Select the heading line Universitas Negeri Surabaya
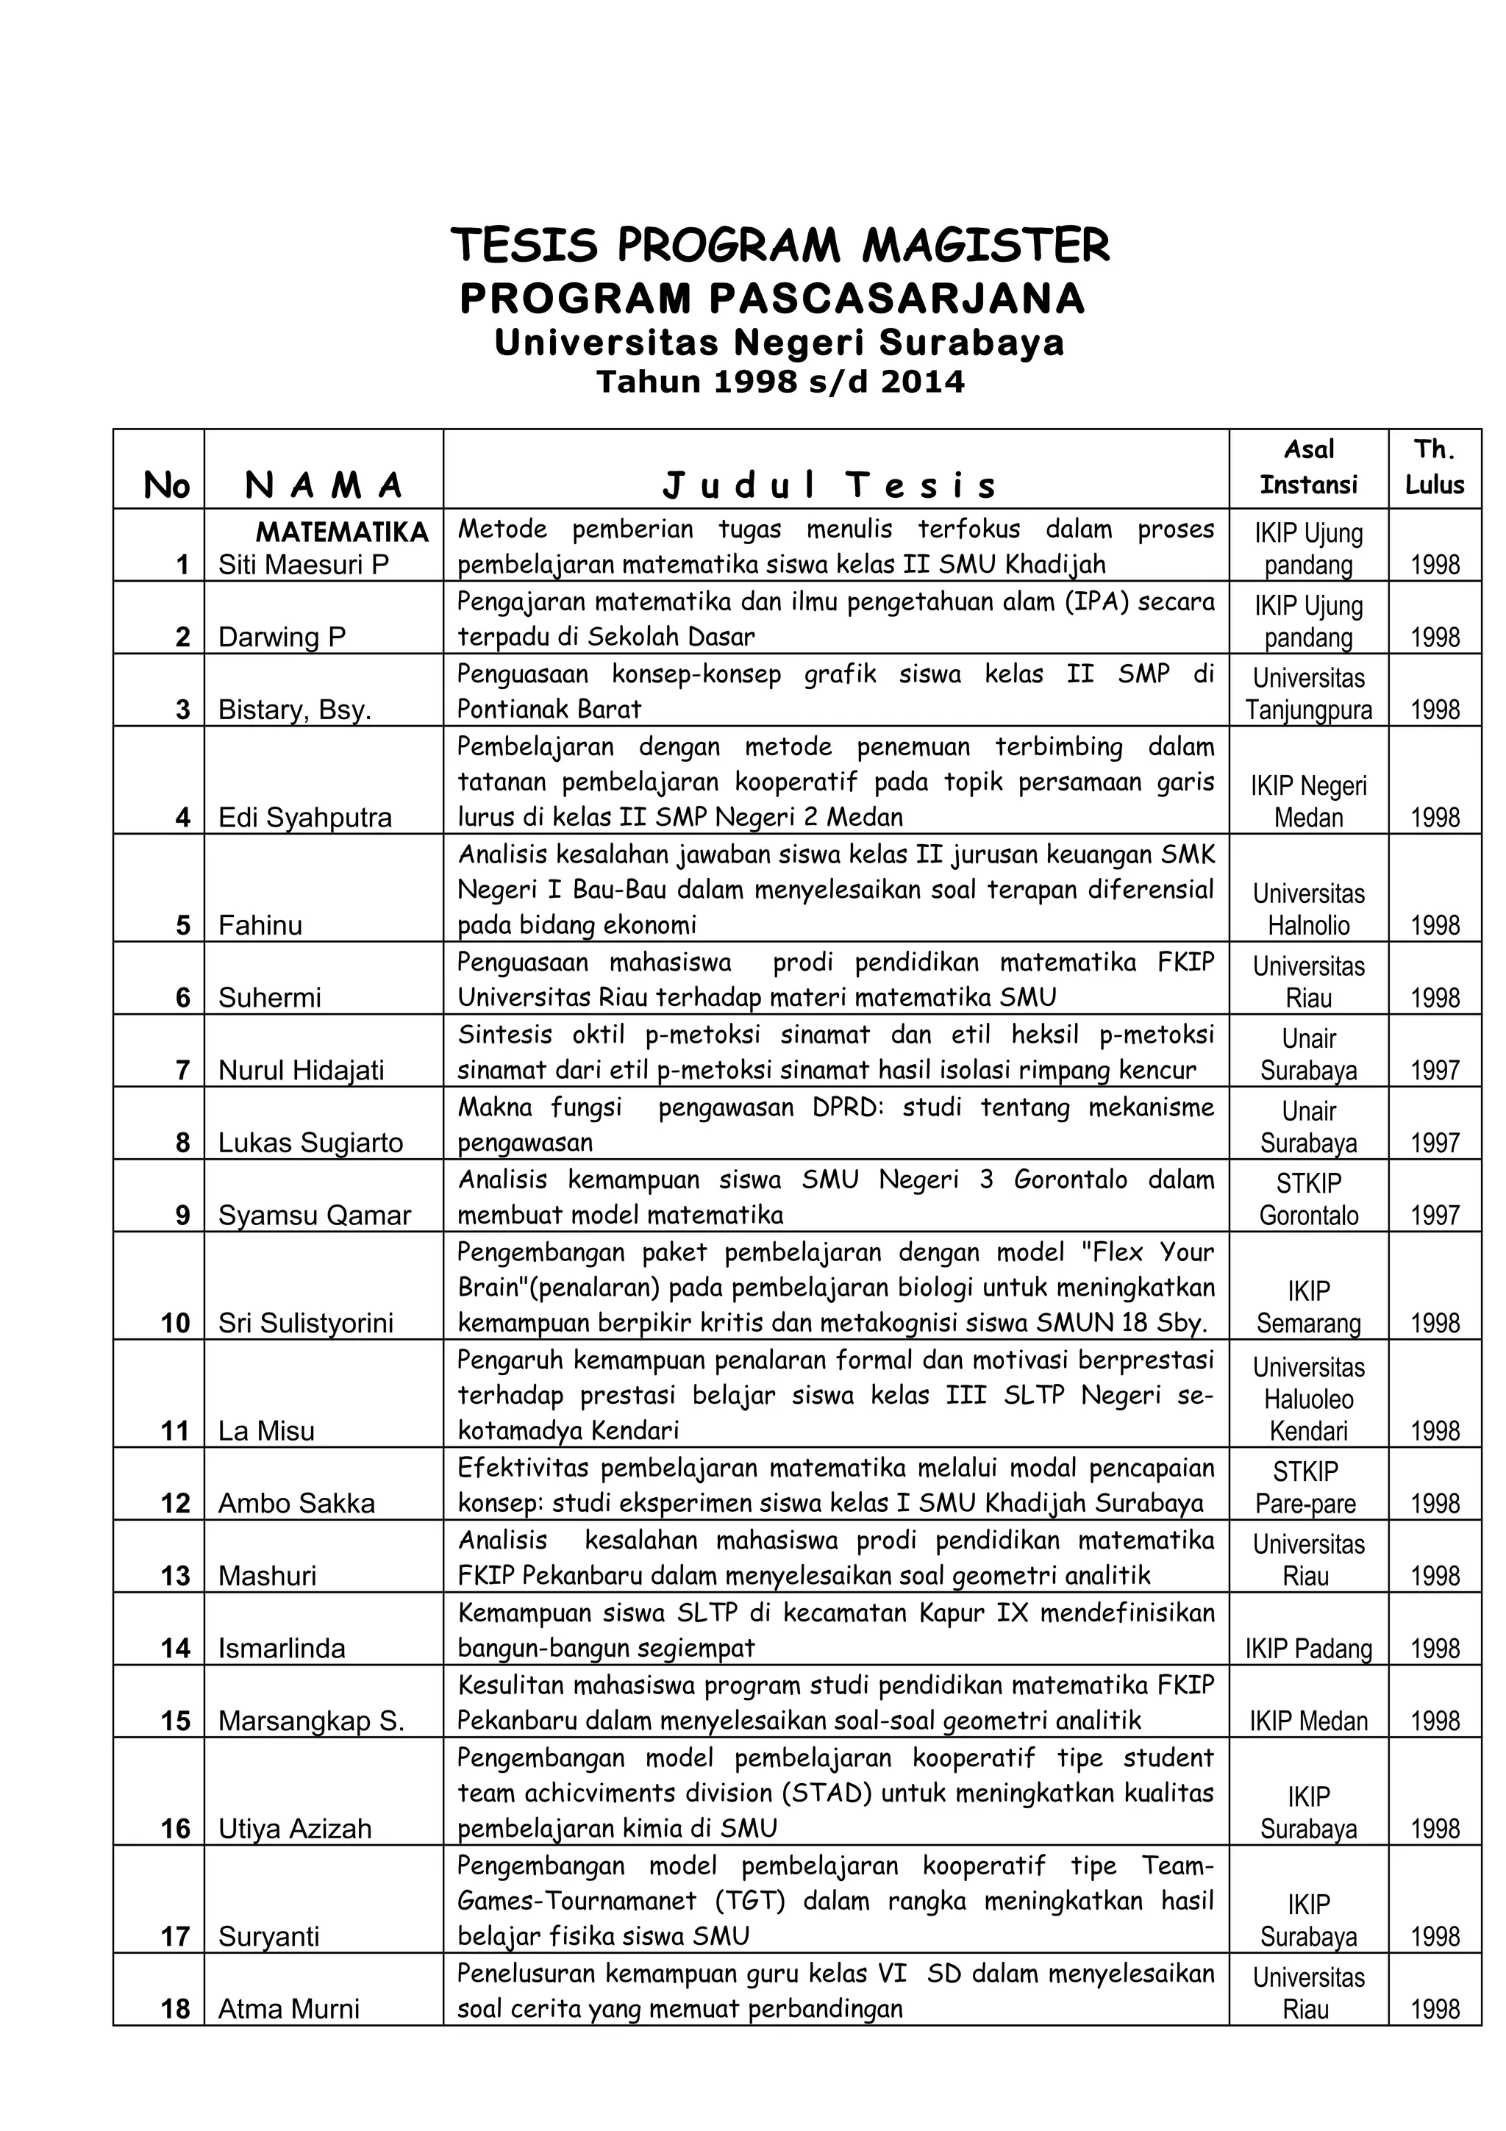tap(779, 343)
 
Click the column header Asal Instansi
tap(1308, 467)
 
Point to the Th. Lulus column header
tap(1434, 467)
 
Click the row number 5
tap(183, 924)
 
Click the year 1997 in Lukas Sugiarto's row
tap(1435, 1143)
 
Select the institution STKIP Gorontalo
tap(1308, 1199)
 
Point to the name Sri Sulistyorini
tap(305, 1323)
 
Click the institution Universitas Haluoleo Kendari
tap(1308, 1399)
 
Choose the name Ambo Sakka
tap(296, 1504)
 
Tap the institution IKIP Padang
tap(1308, 1649)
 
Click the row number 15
tap(175, 1721)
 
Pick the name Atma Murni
tap(288, 2010)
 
